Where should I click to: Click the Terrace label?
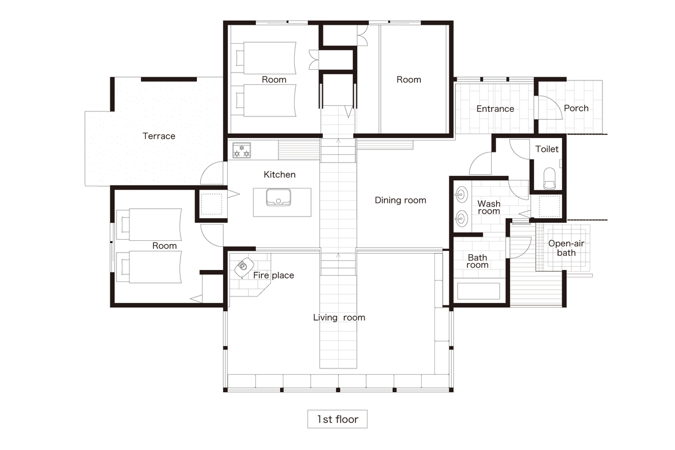point(159,136)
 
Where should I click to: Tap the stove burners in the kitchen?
point(242,150)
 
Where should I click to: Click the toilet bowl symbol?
point(550,178)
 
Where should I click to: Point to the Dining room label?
point(400,200)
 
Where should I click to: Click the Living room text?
point(339,317)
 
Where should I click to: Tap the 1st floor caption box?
point(337,419)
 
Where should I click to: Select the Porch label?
point(576,108)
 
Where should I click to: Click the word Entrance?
point(495,109)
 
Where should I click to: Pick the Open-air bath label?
point(566,248)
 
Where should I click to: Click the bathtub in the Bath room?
point(479,291)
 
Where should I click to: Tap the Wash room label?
point(489,208)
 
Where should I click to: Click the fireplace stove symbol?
point(244,267)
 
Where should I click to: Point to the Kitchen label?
point(280,174)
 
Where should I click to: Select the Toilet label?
point(547,149)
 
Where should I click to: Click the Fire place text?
point(273,275)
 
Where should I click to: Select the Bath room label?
point(478,261)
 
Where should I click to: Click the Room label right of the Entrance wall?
point(408,79)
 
